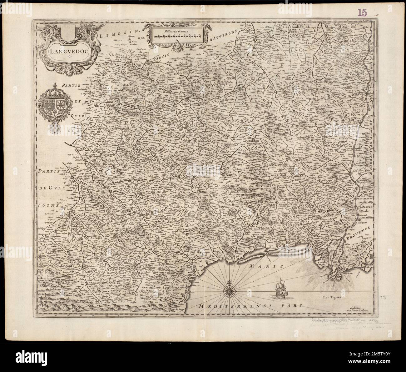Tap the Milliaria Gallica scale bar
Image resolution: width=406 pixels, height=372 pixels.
click(177, 36)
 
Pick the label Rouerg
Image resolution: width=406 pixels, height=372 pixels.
click(147, 116)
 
